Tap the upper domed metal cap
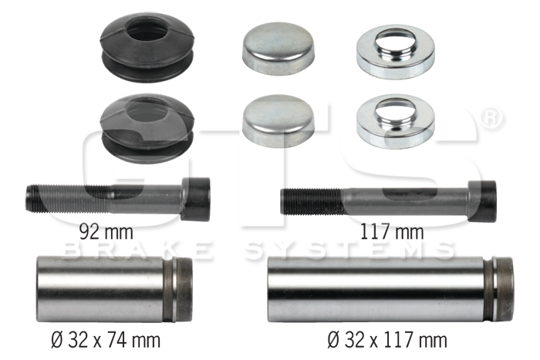278,49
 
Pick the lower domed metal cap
278,120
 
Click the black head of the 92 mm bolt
196,200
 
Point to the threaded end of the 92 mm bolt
69,199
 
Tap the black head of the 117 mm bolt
483,201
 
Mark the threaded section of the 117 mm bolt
312,202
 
